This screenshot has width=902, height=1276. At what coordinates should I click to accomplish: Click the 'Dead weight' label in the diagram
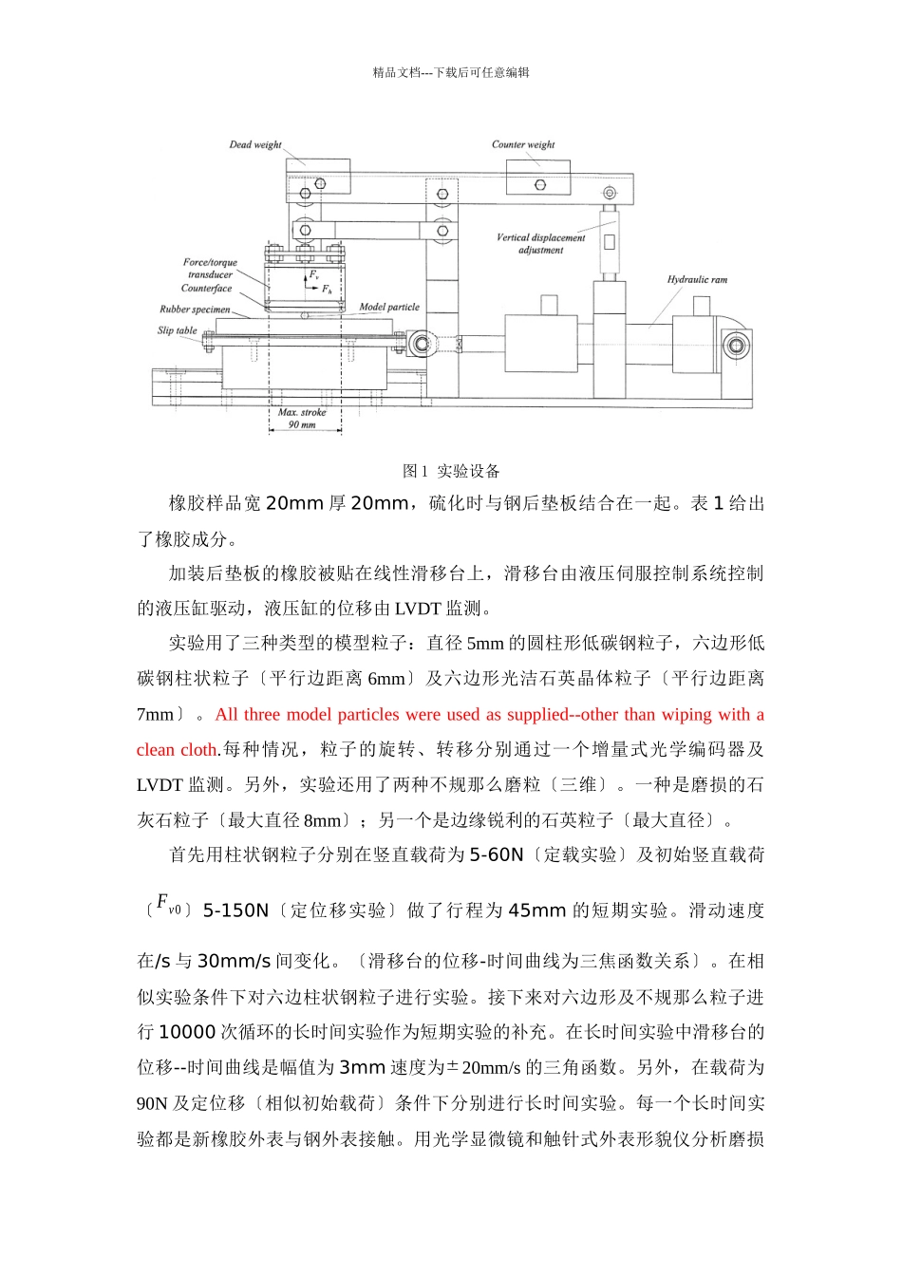255,145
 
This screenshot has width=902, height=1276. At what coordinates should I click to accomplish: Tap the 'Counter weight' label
523,145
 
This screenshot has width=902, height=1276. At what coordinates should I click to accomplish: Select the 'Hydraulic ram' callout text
697,280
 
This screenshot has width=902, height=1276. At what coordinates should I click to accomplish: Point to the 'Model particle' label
389,308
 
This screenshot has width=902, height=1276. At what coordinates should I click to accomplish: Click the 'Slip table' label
178,330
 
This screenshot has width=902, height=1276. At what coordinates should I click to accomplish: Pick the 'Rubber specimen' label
195,310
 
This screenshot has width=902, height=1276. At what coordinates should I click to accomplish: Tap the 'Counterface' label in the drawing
206,289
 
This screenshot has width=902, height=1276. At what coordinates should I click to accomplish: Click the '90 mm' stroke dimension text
303,424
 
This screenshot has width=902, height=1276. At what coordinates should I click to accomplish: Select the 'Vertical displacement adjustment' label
541,244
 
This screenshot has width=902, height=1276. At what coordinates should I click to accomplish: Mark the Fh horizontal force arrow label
326,290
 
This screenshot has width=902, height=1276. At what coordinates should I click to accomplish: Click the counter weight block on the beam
538,178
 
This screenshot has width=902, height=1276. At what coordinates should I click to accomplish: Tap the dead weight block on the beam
318,178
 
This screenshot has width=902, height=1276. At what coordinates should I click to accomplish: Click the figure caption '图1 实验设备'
451,471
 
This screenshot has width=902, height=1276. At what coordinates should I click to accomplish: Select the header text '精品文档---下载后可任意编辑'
451,72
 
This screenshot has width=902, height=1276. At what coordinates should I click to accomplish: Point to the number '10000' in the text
187,1033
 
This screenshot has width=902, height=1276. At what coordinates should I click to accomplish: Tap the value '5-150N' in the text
235,910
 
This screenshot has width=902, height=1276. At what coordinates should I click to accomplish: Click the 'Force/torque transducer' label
210,269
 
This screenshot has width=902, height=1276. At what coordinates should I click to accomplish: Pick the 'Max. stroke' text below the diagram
302,413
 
